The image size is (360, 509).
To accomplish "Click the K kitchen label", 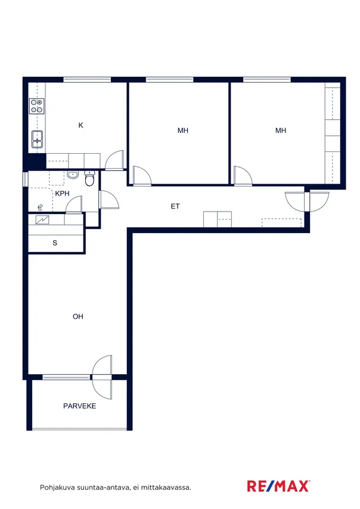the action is coord(81,125).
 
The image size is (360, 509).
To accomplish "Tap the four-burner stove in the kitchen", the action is coord(37,106).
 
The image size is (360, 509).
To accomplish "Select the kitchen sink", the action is coord(37,139).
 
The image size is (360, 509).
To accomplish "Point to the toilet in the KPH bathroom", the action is coord(89,179).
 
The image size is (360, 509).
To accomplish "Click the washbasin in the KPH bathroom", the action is coord(73,175).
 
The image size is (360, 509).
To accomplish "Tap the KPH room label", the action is coord(63,194).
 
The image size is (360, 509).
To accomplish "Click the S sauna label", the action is coord(55,243).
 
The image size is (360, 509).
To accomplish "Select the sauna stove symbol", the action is coord(42,220).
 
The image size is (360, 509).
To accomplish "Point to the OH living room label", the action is coord(78,316).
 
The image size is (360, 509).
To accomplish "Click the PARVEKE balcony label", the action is coord(79,406).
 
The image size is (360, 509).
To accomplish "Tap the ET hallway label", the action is coord(175,206).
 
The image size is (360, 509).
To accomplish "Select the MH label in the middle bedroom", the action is coord(183,131).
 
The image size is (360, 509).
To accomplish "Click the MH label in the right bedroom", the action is coord(281,131).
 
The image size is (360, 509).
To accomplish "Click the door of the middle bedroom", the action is coord(142,176).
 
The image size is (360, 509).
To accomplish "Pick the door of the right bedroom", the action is coord(243,176).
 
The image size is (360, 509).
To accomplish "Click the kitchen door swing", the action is coord(114,160).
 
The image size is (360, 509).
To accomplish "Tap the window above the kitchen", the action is coord(87,79).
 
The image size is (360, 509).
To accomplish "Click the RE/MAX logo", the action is coord(278,486).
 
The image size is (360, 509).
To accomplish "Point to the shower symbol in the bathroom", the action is coord(41,207).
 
